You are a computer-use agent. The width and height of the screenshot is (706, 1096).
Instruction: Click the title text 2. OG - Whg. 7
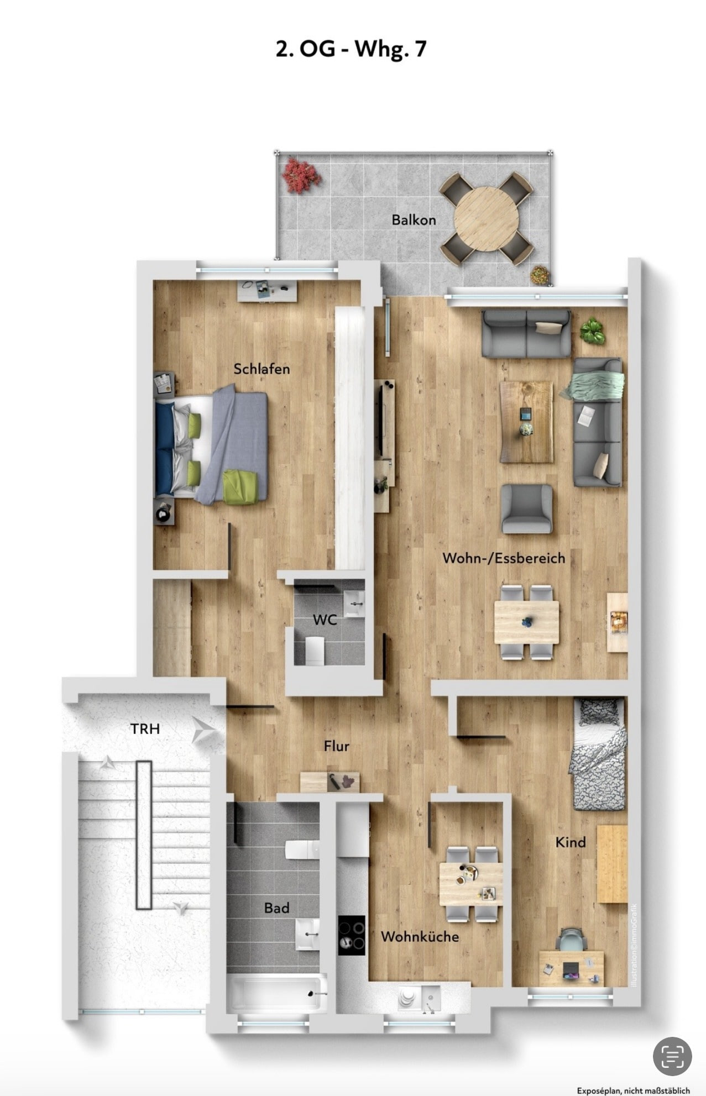pos(352,49)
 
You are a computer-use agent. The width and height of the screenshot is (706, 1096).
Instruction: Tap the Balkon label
pos(414,220)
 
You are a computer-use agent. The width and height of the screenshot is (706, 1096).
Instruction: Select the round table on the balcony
pos(487,218)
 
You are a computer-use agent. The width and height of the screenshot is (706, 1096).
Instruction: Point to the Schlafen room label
pos(262,369)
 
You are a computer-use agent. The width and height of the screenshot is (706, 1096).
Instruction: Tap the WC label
pos(325,620)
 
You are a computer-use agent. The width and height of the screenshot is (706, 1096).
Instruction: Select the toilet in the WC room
pos(314,650)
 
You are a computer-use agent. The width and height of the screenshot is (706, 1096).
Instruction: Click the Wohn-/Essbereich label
pos(504,558)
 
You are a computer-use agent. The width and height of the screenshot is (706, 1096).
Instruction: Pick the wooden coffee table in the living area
pos(526,422)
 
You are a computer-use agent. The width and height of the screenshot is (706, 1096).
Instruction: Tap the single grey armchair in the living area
pos(527,509)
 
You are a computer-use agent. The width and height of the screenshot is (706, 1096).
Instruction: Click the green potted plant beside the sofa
pos(592,331)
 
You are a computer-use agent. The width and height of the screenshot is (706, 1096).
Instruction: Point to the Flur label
pos(337,746)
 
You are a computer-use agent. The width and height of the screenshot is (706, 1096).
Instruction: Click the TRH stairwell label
pos(145,729)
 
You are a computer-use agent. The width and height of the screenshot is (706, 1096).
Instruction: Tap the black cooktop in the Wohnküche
pos(352,935)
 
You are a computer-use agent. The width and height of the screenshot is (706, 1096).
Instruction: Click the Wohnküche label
pos(420,936)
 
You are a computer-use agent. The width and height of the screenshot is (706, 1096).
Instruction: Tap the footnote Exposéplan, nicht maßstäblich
pos(634,1090)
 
